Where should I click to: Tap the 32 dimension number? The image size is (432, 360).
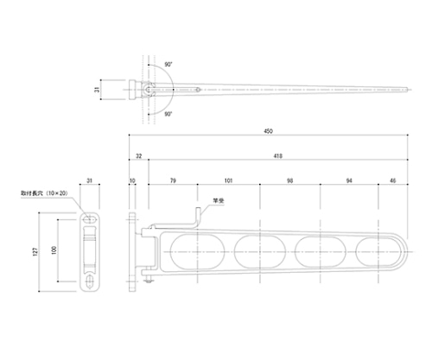tap(138, 156)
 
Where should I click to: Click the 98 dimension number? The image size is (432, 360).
tap(289, 180)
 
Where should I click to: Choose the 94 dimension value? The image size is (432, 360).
tap(347, 180)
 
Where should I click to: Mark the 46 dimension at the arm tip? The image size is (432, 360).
tap(393, 180)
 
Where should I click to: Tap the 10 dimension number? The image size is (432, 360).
tap(131, 180)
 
